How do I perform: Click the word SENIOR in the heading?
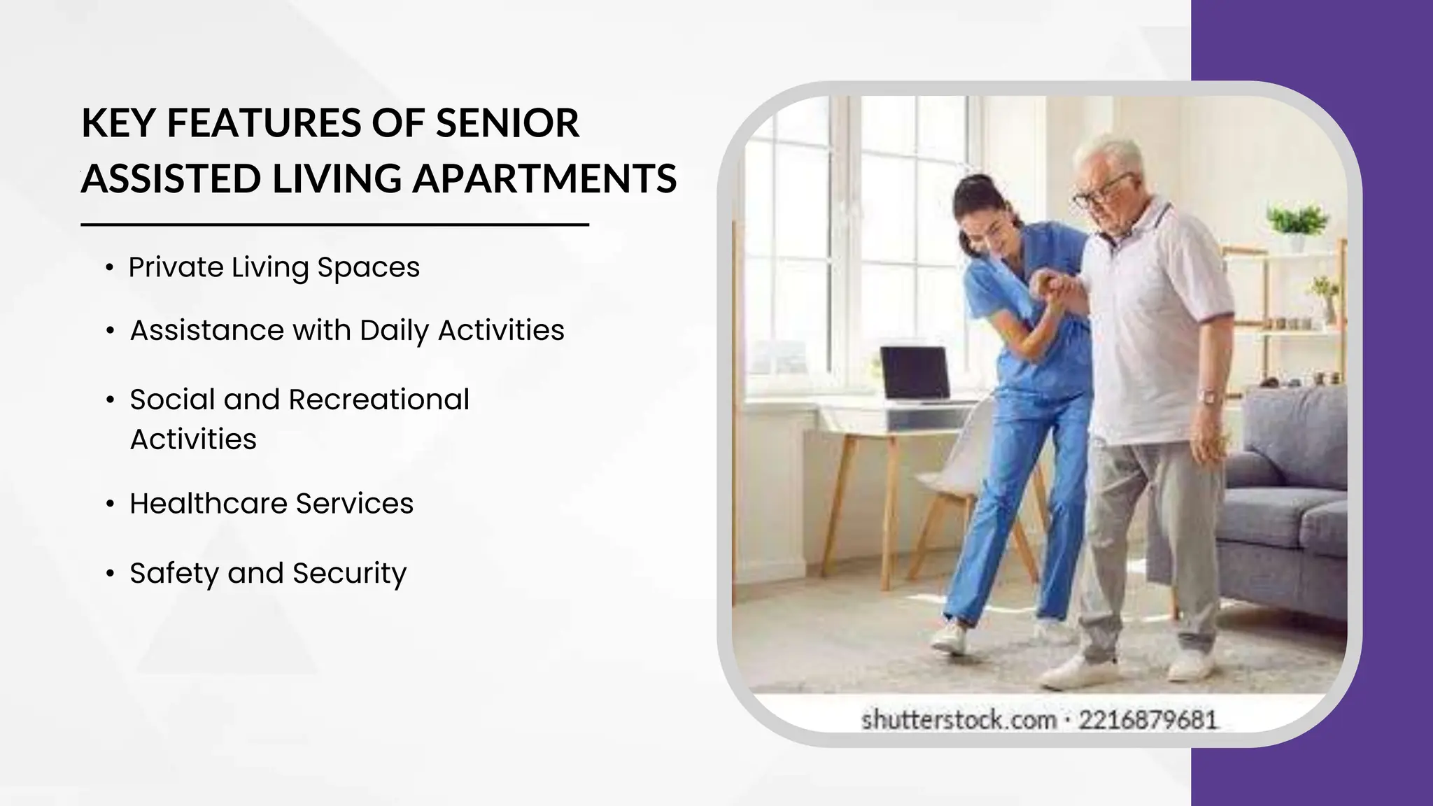coord(508,123)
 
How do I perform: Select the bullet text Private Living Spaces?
coord(274,267)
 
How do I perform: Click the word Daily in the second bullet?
coord(394,330)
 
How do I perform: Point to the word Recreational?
coord(379,400)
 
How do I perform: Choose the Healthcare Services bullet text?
coord(271,504)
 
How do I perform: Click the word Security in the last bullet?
coord(349,573)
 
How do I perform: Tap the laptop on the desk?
coord(913,375)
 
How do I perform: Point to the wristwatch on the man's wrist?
coord(1207,397)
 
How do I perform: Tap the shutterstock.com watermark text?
coord(958,719)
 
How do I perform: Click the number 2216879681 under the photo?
coord(1148,719)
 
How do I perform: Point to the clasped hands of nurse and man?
coord(1050,287)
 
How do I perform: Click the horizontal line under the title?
coord(334,225)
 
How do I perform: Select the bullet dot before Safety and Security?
coord(110,574)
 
